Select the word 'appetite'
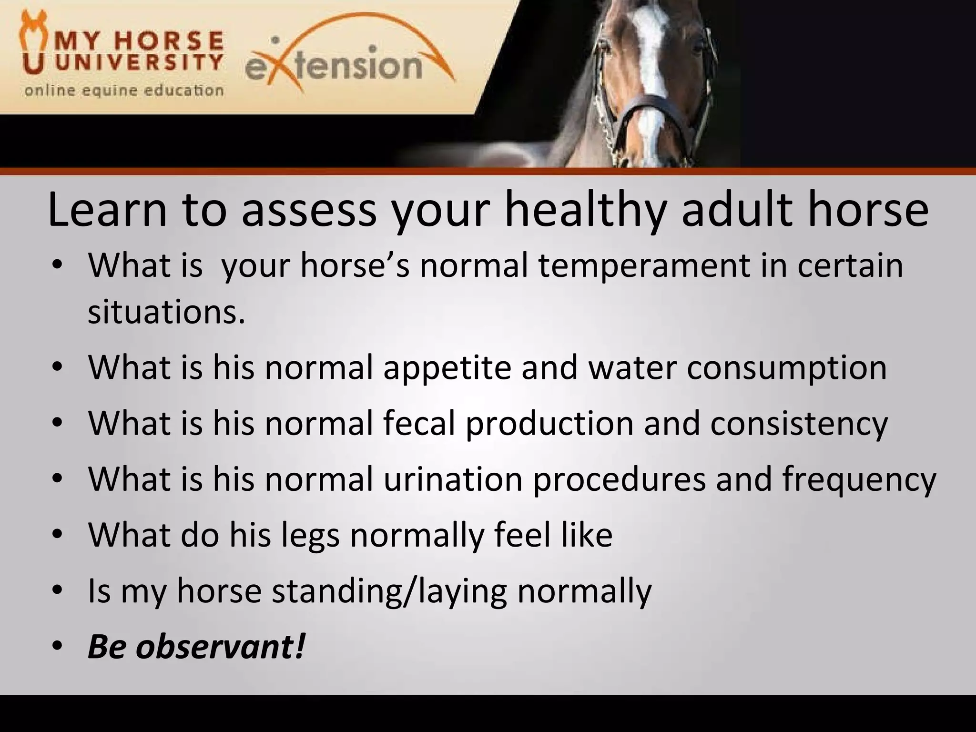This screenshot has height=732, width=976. (x=447, y=367)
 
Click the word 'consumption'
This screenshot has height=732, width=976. (x=786, y=367)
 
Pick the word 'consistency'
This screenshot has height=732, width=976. (x=799, y=423)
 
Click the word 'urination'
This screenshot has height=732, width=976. (x=453, y=479)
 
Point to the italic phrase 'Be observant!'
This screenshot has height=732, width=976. (x=196, y=647)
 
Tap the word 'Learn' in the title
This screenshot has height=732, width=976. (x=108, y=210)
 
